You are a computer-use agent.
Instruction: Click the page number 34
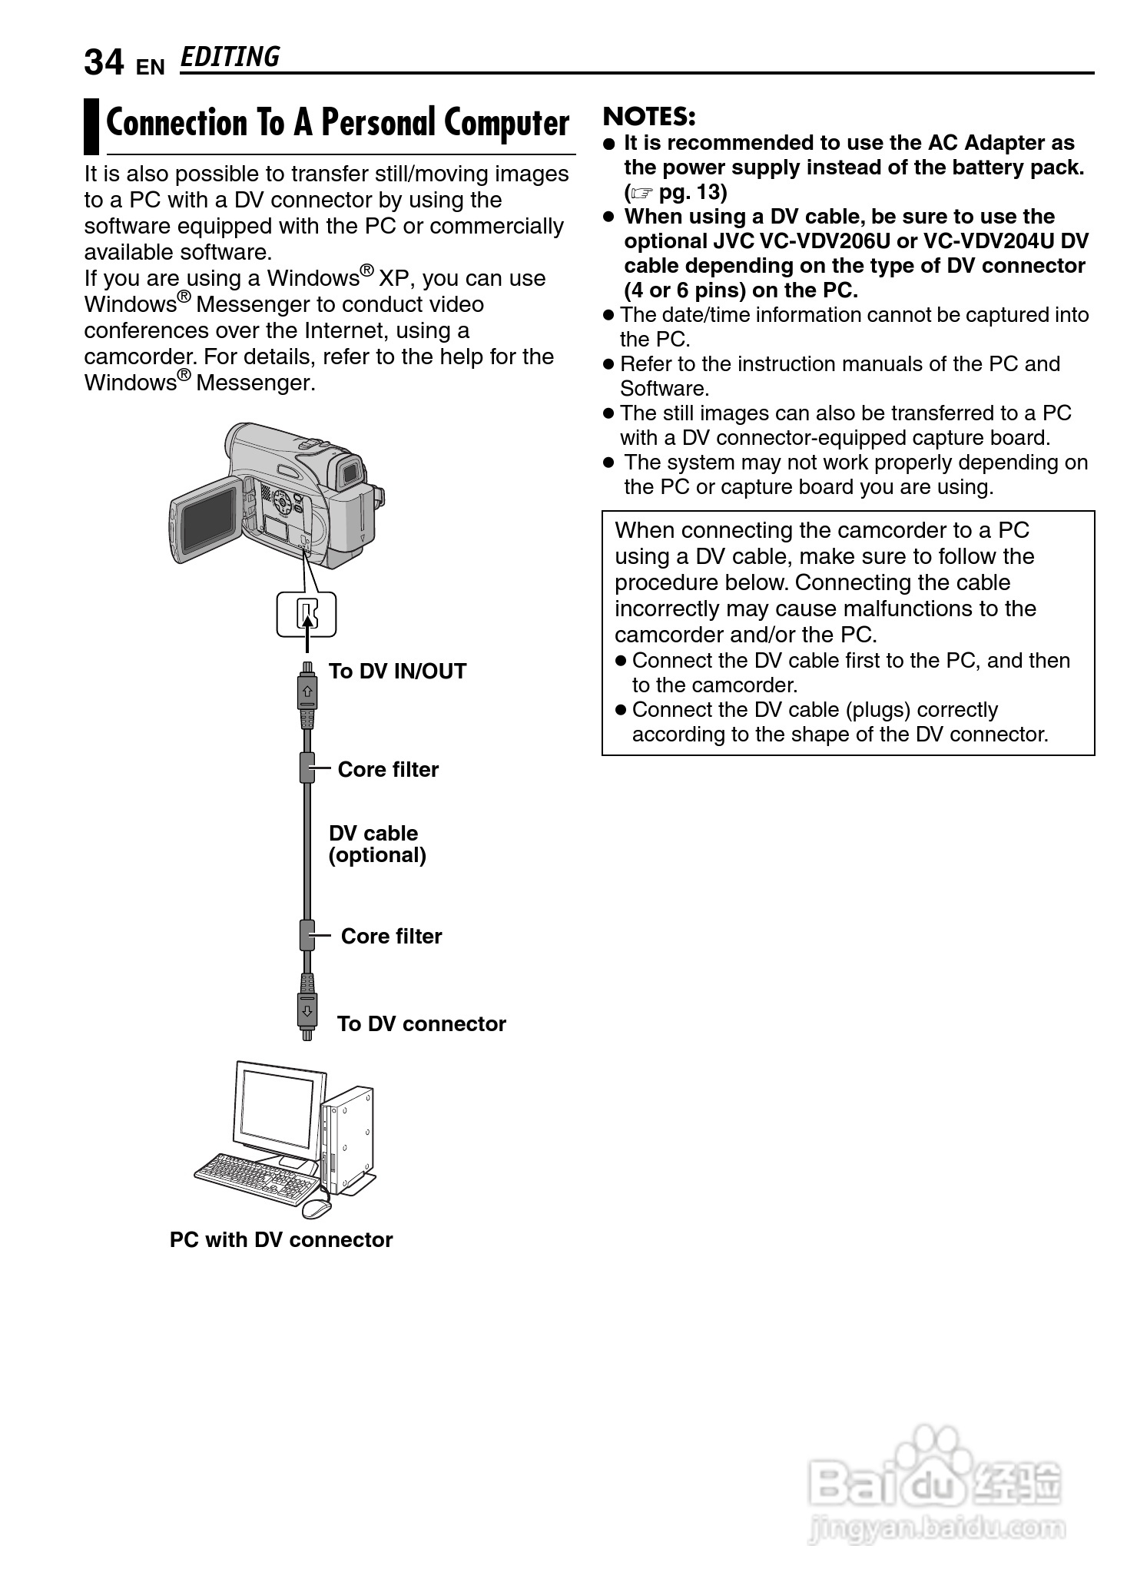coord(103,63)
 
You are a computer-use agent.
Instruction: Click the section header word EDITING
coord(230,58)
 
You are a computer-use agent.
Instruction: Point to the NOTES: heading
coord(649,117)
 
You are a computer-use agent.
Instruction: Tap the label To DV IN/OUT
coord(397,672)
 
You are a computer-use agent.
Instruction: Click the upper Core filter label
coord(388,770)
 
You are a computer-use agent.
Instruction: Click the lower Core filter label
coord(391,937)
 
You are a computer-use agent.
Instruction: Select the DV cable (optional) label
coord(376,844)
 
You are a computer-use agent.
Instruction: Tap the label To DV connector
coord(421,1024)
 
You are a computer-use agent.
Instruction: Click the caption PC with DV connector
coord(281,1240)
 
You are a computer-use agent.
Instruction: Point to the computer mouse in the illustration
coord(316,1208)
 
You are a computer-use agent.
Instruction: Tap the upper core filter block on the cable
coord(307,768)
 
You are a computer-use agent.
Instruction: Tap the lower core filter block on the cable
coord(307,936)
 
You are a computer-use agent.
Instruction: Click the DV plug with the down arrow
coord(307,1010)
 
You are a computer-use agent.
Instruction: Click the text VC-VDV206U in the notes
coord(824,241)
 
